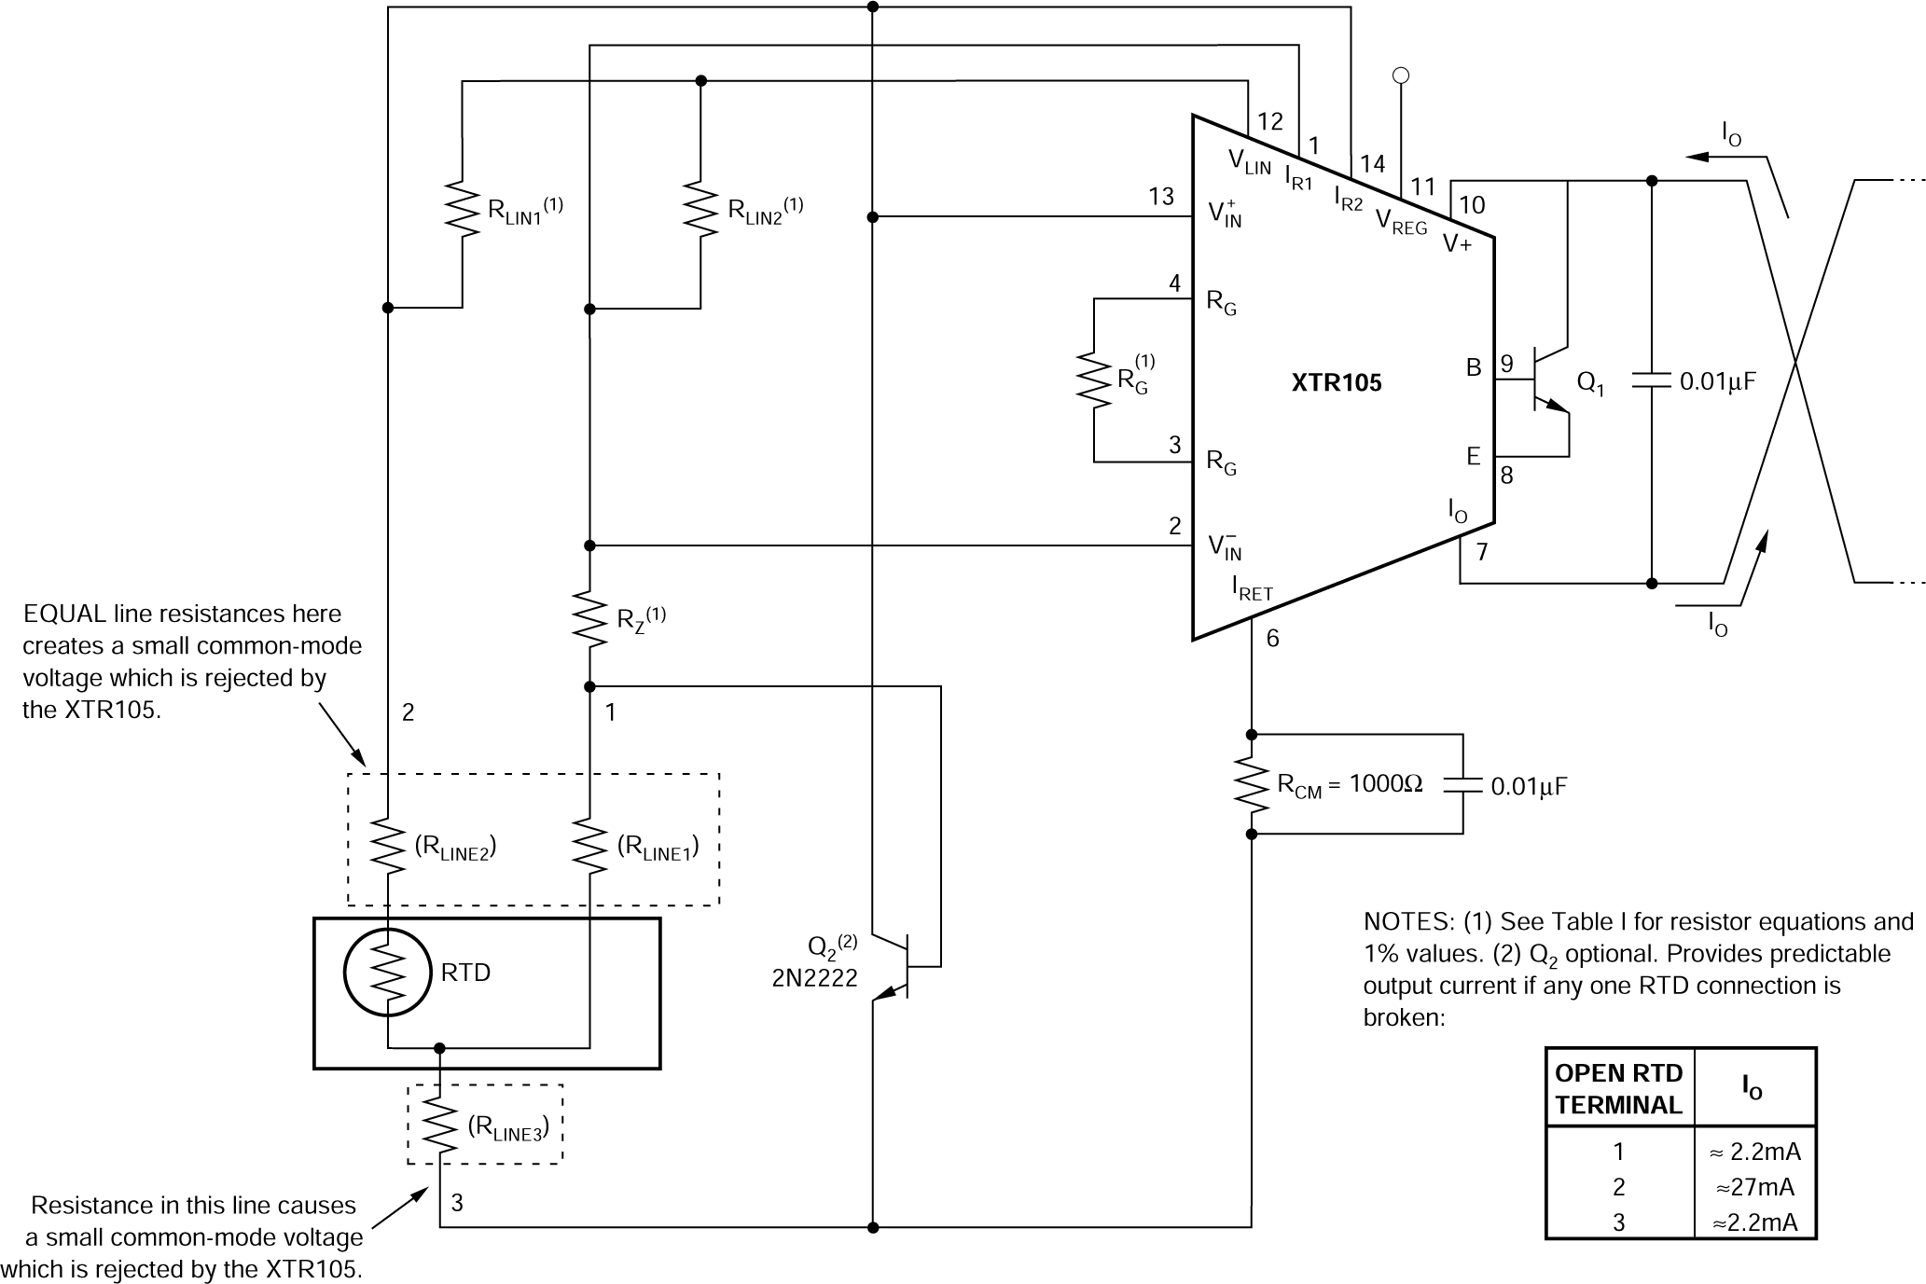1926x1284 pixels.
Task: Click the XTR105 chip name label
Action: (x=1336, y=382)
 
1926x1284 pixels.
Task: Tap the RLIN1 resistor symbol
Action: (x=462, y=209)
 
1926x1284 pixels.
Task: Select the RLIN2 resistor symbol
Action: (x=700, y=209)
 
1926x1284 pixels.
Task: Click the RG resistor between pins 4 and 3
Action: (x=1094, y=380)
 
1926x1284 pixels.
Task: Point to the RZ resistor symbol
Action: (x=589, y=616)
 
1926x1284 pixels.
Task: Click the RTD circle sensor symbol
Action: (x=387, y=973)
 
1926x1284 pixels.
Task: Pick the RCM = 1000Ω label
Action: (x=1350, y=785)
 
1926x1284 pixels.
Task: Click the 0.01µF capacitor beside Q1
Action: (x=1651, y=380)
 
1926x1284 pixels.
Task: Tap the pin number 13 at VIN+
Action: (x=1161, y=196)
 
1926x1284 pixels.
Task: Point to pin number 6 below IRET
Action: (x=1272, y=639)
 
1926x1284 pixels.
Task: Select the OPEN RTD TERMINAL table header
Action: (x=1618, y=1088)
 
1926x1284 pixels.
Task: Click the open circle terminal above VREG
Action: (x=1400, y=76)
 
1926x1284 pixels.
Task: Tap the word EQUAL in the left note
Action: (x=63, y=614)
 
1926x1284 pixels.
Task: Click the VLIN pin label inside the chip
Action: (x=1249, y=162)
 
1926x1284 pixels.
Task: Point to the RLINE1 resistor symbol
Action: (x=589, y=846)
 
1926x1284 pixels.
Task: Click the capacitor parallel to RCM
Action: (x=1462, y=785)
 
